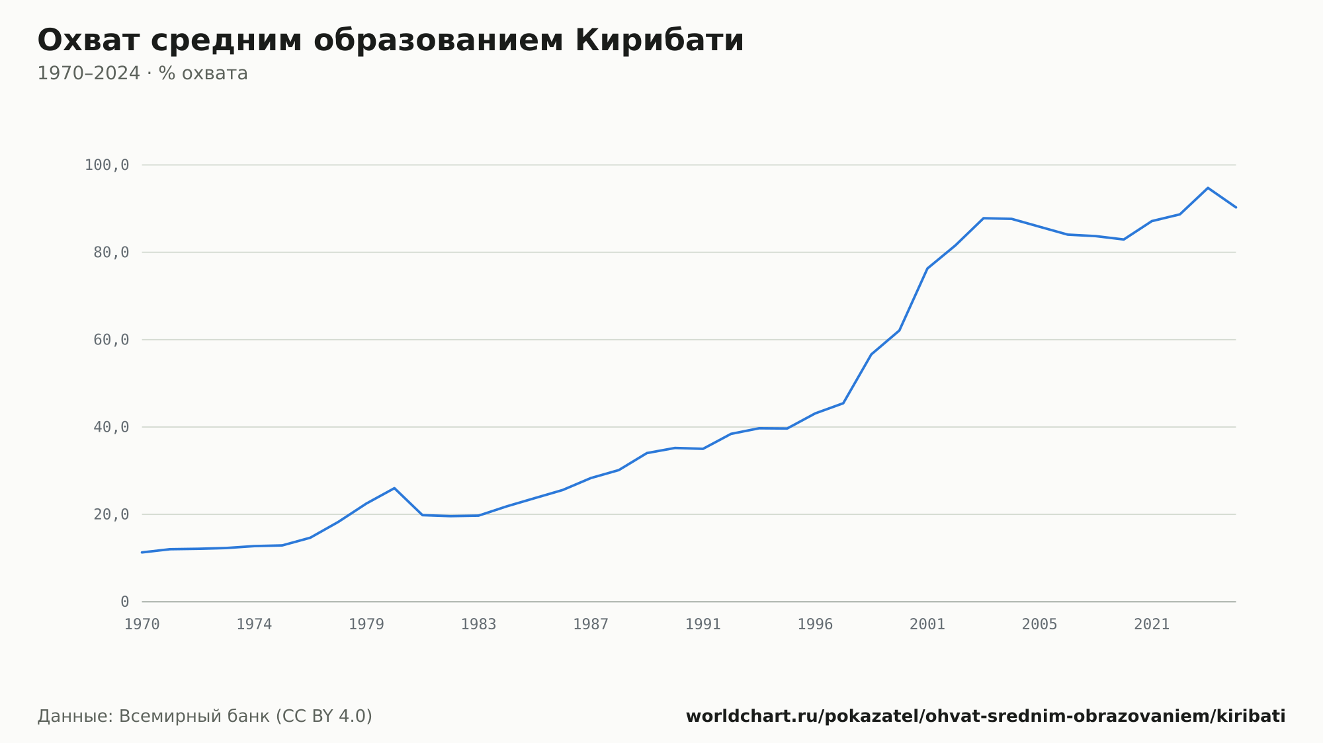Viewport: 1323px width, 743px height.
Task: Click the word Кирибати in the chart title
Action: [660, 40]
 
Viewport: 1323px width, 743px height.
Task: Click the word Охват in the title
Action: [89, 40]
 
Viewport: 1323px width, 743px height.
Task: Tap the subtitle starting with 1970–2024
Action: [142, 73]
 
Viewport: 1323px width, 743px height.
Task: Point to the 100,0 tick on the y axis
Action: [107, 165]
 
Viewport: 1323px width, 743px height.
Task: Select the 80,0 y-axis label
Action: [111, 253]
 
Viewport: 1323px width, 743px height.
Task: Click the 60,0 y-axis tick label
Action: [111, 340]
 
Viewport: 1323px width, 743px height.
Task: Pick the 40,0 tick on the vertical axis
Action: [111, 427]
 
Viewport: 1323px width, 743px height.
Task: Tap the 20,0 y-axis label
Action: [111, 514]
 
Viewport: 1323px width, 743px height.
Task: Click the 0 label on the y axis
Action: [125, 602]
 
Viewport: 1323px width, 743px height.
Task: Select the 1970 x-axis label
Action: [142, 625]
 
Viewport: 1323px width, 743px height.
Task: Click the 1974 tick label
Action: [254, 625]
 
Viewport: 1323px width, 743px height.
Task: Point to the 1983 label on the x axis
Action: [478, 625]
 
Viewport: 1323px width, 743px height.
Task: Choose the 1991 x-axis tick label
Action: [703, 625]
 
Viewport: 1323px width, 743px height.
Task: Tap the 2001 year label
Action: [927, 625]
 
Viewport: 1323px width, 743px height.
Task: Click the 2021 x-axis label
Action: [1152, 625]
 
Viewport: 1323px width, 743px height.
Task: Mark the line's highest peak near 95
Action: [1208, 188]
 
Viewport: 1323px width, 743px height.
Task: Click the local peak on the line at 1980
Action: [394, 488]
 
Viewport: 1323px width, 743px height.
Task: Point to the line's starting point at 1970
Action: [142, 552]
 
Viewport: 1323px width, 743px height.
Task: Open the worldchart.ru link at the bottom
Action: [986, 717]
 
